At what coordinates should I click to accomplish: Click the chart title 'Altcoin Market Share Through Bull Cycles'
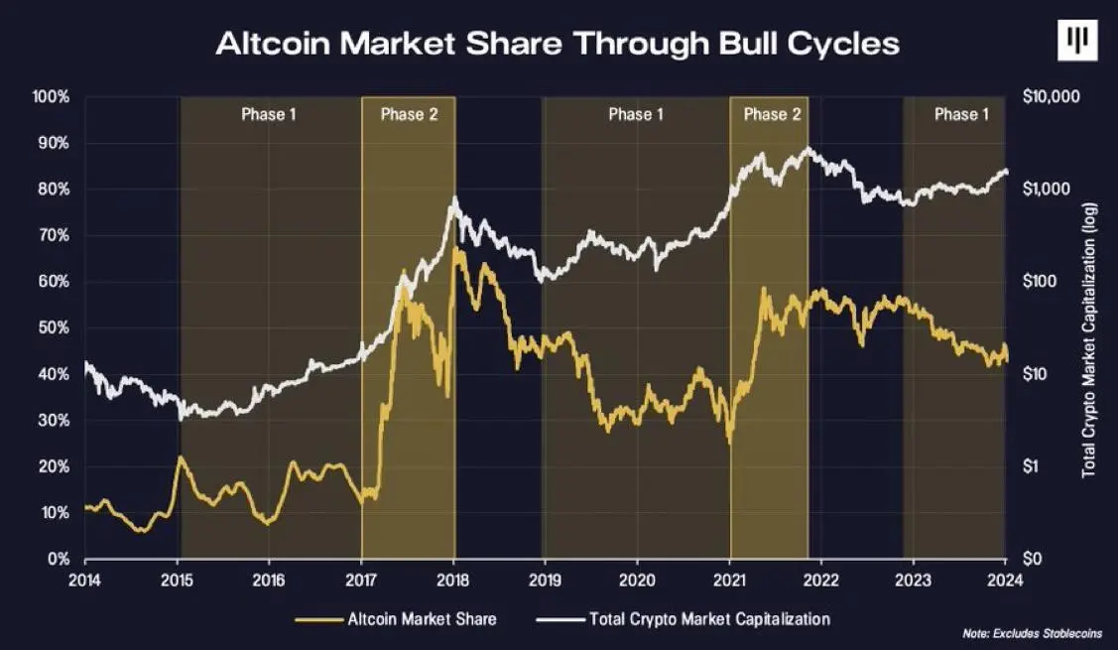[x=558, y=45]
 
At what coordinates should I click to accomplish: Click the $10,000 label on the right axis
[x=1049, y=97]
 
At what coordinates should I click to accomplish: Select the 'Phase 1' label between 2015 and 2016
[x=269, y=114]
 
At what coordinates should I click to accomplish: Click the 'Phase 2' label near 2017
[x=409, y=114]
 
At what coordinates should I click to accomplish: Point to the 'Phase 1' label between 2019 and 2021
[x=636, y=114]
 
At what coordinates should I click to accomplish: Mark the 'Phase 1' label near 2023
[x=961, y=114]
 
